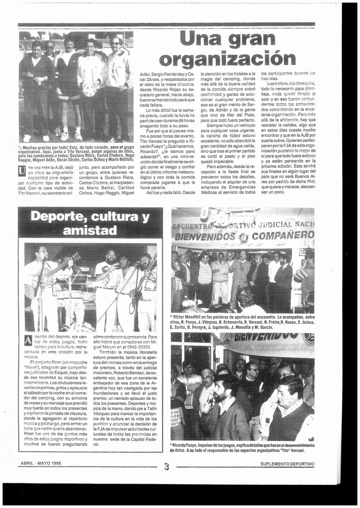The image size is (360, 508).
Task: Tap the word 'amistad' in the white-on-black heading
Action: pos(90,231)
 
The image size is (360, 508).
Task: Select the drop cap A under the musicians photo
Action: pos(28,340)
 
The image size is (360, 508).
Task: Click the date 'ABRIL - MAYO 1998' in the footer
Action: pos(41,463)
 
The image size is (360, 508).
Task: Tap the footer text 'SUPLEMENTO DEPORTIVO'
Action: pos(287,464)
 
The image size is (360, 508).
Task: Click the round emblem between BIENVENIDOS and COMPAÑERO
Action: pos(243,237)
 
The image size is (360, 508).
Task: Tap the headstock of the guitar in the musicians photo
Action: pos(76,257)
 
